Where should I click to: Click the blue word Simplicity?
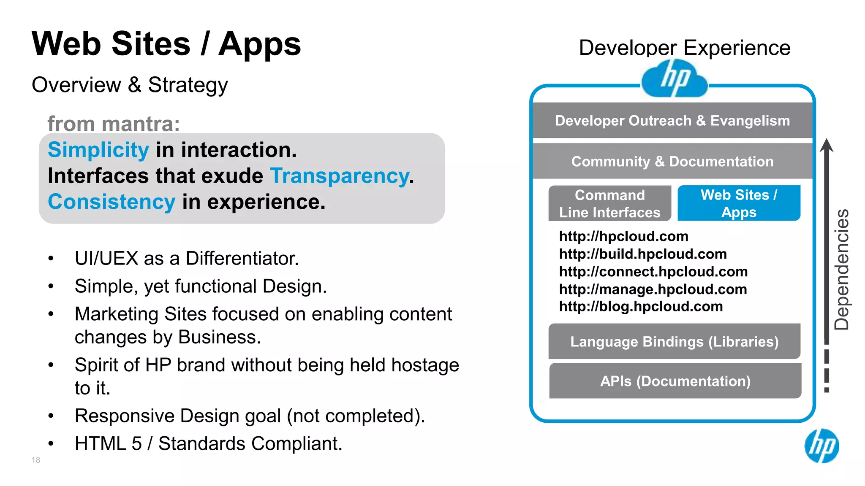click(x=98, y=150)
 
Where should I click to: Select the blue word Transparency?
click(x=340, y=176)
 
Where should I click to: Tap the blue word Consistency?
click(x=111, y=202)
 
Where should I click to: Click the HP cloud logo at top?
click(x=674, y=78)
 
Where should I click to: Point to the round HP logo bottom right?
click(x=821, y=446)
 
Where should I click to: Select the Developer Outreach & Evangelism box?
click(x=672, y=121)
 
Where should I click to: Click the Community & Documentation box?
click(x=672, y=161)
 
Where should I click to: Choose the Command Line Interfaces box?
click(x=609, y=203)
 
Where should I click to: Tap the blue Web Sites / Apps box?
click(x=739, y=203)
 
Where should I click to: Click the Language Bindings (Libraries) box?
click(x=674, y=341)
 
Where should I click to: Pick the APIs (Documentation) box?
click(x=675, y=381)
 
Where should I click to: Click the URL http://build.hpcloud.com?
click(x=643, y=254)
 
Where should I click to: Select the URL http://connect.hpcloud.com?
click(x=653, y=272)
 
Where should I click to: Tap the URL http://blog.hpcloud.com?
click(x=641, y=306)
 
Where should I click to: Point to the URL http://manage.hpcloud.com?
click(x=653, y=289)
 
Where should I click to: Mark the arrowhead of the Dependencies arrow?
click(x=827, y=145)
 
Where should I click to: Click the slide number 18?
click(x=36, y=460)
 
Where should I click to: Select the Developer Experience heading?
click(x=684, y=48)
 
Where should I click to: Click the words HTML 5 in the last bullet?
click(x=108, y=444)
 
